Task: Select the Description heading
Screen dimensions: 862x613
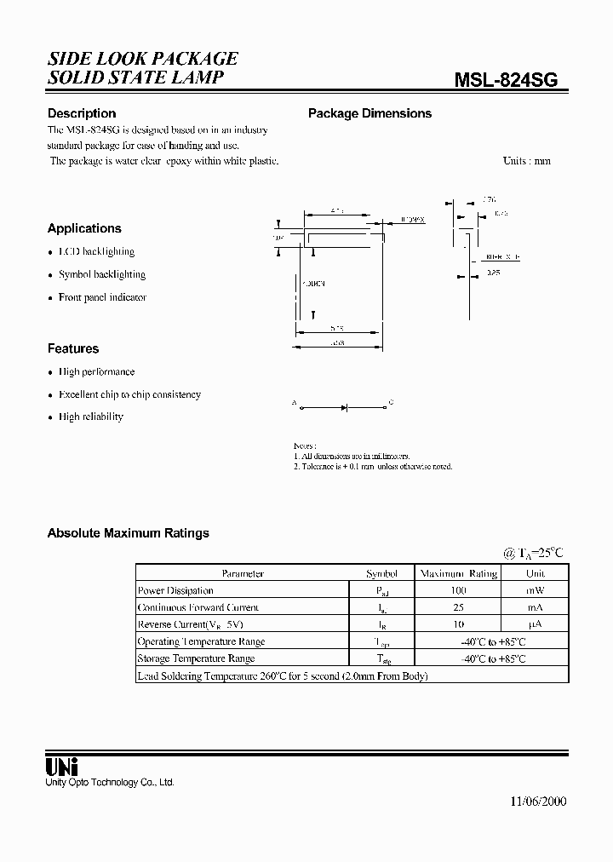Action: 82,113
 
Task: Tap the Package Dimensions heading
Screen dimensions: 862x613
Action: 370,113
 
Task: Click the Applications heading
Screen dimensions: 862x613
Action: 84,228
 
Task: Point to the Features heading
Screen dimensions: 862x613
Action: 73,348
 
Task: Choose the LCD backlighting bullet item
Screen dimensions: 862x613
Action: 96,252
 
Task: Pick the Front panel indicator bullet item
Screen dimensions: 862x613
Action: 102,297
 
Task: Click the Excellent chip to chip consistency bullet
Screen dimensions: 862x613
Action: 129,394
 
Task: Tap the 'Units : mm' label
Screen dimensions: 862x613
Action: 526,161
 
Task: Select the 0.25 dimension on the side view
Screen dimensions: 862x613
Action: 493,273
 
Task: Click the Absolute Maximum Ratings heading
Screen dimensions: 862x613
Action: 128,533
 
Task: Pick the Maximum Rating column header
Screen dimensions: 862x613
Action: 459,573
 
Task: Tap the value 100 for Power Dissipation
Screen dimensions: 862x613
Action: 459,590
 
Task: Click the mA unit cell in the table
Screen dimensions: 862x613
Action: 535,607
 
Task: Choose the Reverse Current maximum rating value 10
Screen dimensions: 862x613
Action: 459,624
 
